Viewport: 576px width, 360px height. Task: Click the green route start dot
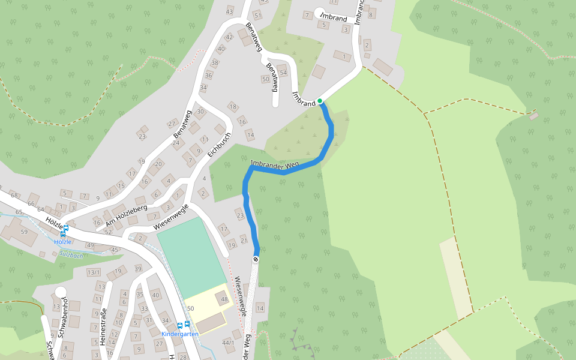pyautogui.click(x=320, y=101)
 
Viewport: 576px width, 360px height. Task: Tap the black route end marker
pyautogui.click(x=256, y=259)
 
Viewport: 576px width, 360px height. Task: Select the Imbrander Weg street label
pyautogui.click(x=274, y=164)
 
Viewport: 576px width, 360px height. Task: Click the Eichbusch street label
pyautogui.click(x=219, y=145)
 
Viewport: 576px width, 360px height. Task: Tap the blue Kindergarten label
pyautogui.click(x=180, y=334)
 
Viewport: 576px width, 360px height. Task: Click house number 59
pyautogui.click(x=25, y=232)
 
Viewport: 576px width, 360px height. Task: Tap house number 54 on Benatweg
pyautogui.click(x=283, y=73)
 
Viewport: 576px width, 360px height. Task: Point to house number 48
pyautogui.click(x=224, y=299)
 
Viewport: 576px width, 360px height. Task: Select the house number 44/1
pyautogui.click(x=228, y=343)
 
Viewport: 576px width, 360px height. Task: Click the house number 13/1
pyautogui.click(x=94, y=273)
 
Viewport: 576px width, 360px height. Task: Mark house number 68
pyautogui.click(x=14, y=196)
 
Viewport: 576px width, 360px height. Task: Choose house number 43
pyautogui.click(x=229, y=11)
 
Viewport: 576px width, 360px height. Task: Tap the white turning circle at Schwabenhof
pyautogui.click(x=60, y=292)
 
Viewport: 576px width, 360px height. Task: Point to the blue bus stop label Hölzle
pyautogui.click(x=63, y=242)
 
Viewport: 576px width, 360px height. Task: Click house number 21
pyautogui.click(x=244, y=241)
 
